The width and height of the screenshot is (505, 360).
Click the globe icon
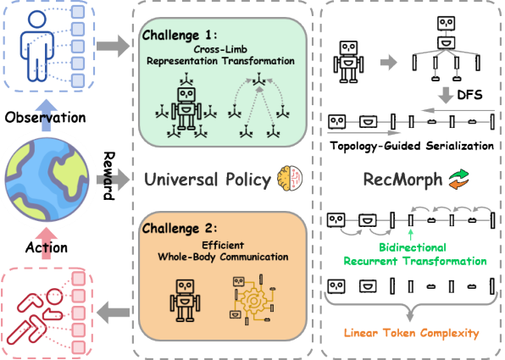(x=47, y=180)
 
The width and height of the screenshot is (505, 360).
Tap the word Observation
(x=46, y=118)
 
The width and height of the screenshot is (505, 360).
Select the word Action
(x=47, y=247)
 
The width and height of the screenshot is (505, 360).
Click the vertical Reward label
(x=109, y=176)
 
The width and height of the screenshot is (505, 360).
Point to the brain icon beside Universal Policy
(x=290, y=178)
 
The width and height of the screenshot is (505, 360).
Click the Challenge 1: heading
(x=180, y=35)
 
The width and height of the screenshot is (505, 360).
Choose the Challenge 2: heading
(x=180, y=229)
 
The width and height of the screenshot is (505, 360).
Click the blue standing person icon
(x=36, y=46)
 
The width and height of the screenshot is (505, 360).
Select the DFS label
(x=470, y=95)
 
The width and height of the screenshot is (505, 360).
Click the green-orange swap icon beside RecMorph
(x=459, y=179)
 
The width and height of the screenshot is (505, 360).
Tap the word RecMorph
(x=402, y=180)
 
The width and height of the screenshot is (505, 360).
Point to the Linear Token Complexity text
(x=411, y=333)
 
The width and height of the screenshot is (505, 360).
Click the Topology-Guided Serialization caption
(x=412, y=146)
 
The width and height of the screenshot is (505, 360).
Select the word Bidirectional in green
(x=413, y=247)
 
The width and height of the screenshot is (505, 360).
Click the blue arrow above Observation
(x=46, y=115)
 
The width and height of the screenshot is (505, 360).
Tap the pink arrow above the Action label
(x=47, y=243)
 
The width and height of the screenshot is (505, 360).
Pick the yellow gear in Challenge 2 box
(x=253, y=301)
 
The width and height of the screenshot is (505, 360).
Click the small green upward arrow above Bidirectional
(x=410, y=235)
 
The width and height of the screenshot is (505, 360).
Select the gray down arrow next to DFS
(x=446, y=96)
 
